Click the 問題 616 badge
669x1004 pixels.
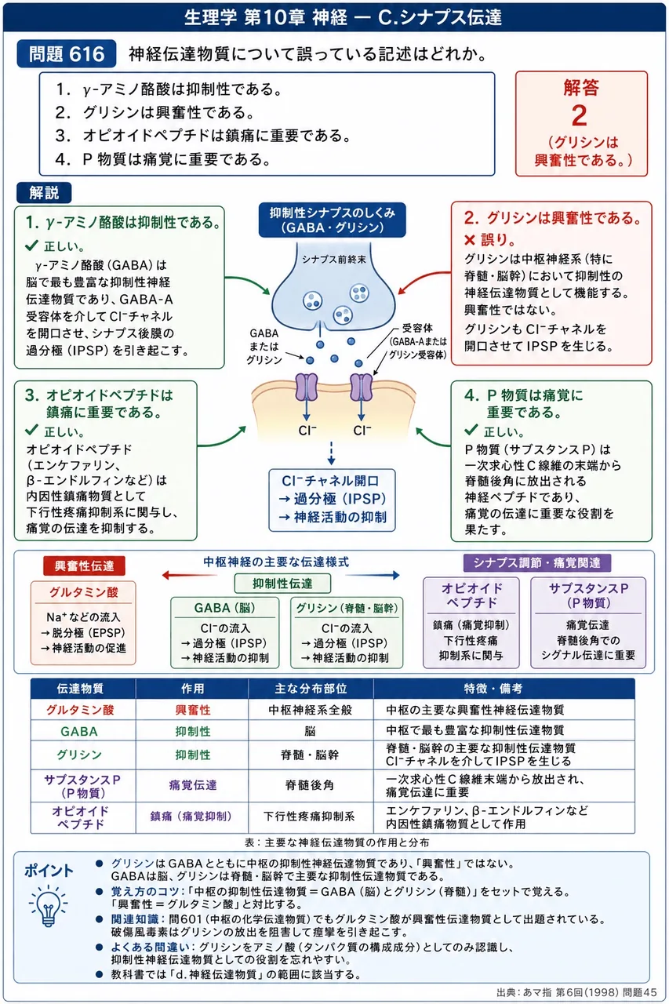click(67, 54)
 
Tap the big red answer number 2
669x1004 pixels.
click(580, 115)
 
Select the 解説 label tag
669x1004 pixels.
click(44, 193)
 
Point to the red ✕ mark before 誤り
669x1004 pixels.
click(469, 240)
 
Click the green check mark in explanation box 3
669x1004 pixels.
click(31, 431)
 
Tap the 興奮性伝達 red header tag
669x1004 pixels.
click(84, 566)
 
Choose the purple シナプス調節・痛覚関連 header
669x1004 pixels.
click(536, 563)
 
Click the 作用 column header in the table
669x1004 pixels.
click(193, 689)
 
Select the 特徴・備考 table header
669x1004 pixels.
click(493, 689)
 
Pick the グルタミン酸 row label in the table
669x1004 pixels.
click(80, 710)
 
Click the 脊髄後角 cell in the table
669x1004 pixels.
click(310, 785)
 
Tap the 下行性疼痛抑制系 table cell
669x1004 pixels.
click(309, 817)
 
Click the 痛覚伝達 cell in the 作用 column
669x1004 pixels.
click(193, 785)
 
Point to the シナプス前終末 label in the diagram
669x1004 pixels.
click(333, 259)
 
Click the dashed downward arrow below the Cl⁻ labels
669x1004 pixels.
click(331, 453)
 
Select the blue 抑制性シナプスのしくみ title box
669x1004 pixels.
click(332, 220)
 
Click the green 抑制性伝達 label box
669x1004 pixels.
click(282, 583)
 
